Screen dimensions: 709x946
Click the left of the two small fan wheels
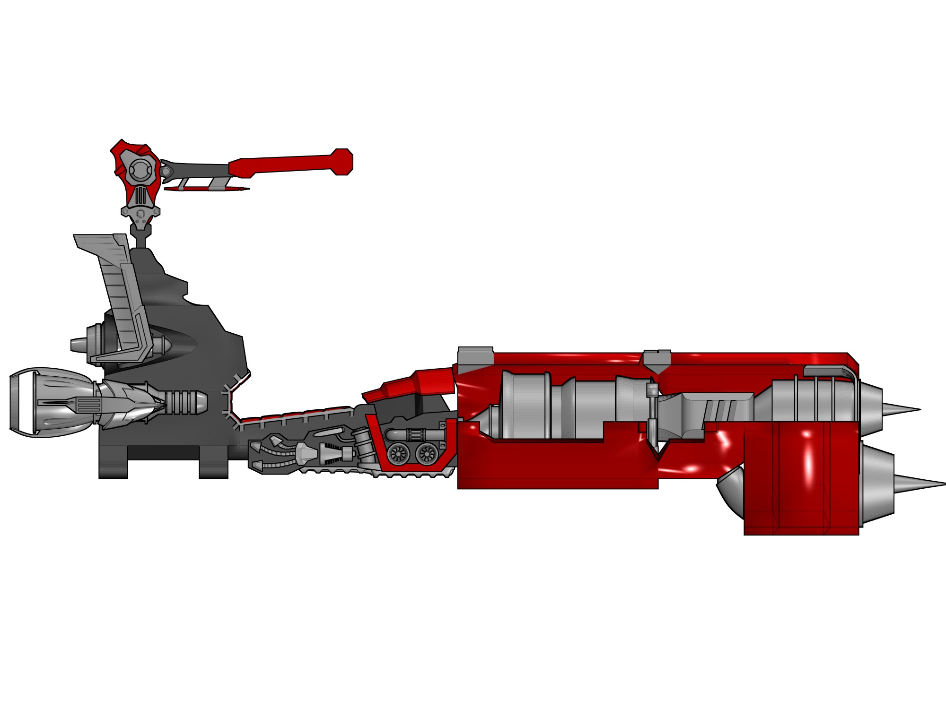click(x=398, y=454)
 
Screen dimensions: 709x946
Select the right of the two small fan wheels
click(x=426, y=454)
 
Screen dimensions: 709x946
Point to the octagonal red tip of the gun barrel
click(x=342, y=162)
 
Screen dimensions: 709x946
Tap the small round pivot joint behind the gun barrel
click(x=166, y=171)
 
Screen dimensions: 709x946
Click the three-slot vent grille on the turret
click(x=140, y=195)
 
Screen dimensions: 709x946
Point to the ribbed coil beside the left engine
click(x=184, y=402)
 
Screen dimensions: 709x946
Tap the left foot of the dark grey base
click(x=113, y=468)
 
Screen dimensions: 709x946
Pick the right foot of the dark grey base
click(x=213, y=468)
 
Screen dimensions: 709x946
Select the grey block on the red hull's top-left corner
click(x=475, y=355)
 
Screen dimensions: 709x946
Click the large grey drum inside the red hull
click(x=525, y=404)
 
